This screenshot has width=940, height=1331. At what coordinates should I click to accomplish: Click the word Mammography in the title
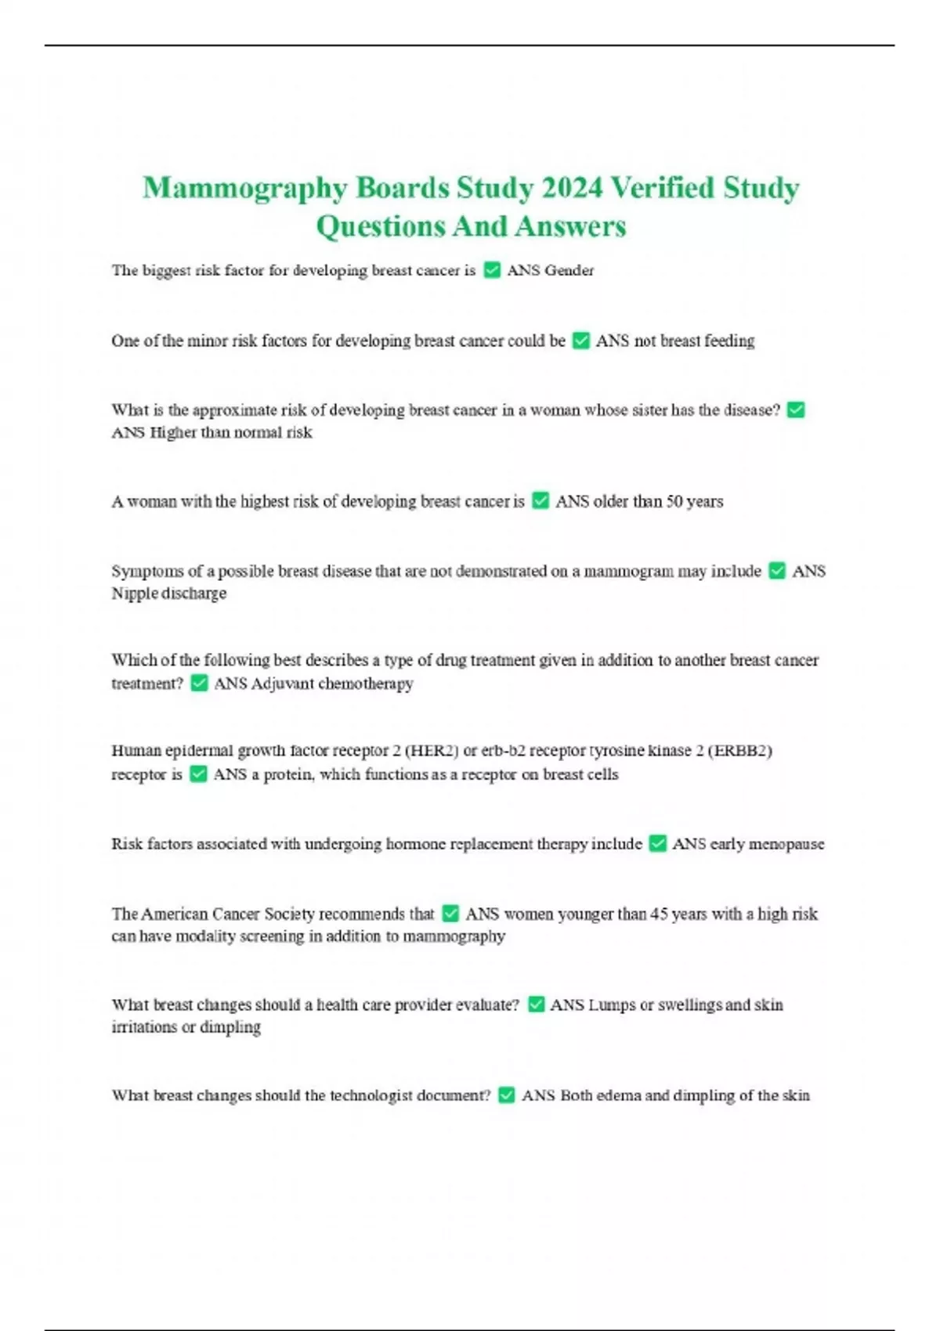tap(244, 189)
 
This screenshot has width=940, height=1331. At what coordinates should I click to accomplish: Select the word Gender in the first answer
tap(569, 270)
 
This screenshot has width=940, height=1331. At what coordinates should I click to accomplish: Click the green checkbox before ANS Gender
tap(492, 270)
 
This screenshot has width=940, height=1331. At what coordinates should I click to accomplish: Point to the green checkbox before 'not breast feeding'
tap(580, 341)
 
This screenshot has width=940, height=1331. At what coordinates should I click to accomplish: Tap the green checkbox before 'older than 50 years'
tap(540, 500)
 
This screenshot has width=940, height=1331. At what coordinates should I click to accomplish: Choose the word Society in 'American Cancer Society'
tap(289, 914)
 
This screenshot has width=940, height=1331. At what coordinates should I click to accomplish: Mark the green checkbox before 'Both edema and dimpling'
tap(507, 1095)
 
